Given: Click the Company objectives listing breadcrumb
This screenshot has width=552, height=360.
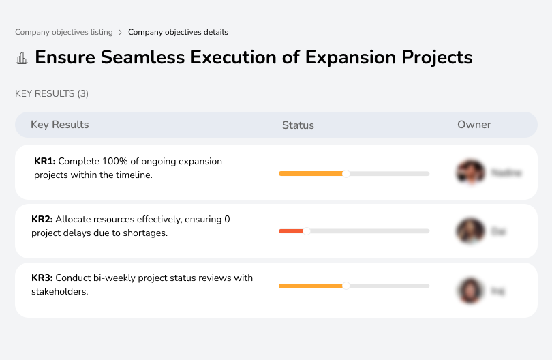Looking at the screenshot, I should (x=64, y=32).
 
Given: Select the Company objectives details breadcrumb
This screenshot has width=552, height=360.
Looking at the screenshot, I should (x=178, y=32).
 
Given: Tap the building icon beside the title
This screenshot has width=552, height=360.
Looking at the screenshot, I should (x=22, y=58).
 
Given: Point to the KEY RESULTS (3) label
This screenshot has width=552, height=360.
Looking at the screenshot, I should (x=52, y=93).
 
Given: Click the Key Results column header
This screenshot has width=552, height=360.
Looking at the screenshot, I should (x=59, y=125).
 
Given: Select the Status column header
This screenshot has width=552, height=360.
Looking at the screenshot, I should (x=298, y=125).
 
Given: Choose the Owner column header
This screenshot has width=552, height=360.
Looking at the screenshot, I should (x=474, y=125).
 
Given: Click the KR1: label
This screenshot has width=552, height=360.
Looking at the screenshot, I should (x=45, y=162).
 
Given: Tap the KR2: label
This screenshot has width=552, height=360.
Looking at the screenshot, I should (x=42, y=220).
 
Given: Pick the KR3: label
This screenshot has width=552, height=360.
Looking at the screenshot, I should (x=42, y=277).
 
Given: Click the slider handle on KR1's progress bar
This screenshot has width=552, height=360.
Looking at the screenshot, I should (x=346, y=174).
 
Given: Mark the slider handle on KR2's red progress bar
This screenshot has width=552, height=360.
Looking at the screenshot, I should (x=307, y=231).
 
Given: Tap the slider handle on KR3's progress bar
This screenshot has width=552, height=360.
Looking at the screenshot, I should (x=346, y=286).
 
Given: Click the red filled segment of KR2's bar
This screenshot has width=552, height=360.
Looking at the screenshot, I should (x=290, y=231).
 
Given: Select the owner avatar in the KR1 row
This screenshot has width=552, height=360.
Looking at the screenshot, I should (x=471, y=173).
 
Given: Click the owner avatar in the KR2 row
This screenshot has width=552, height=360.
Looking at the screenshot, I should (x=471, y=231).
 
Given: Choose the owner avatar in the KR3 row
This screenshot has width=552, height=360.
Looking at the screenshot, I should (x=471, y=290).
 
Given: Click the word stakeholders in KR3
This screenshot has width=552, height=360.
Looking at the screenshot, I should (x=59, y=292).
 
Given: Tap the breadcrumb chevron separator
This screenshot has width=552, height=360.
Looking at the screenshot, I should (x=120, y=32).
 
